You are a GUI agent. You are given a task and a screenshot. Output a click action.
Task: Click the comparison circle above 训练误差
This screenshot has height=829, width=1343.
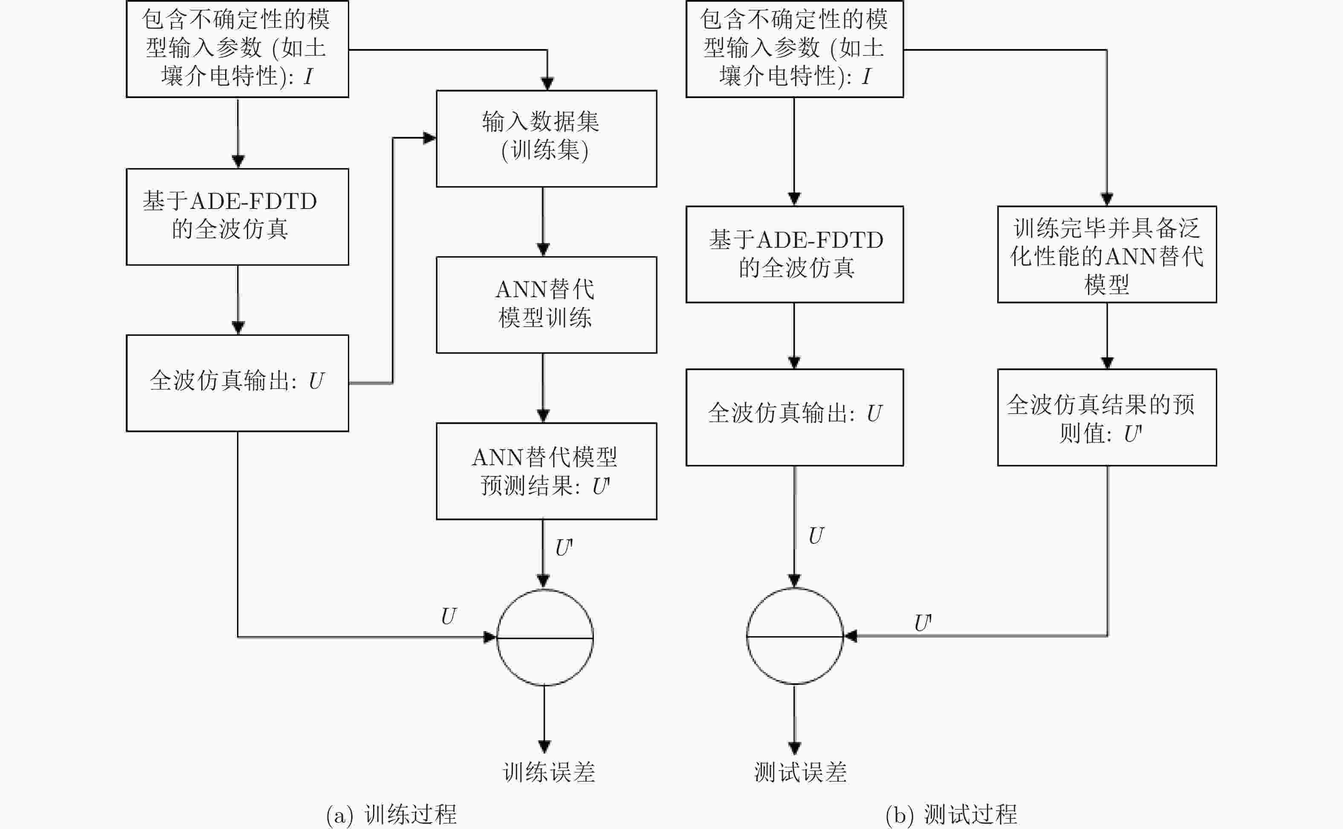[545, 589]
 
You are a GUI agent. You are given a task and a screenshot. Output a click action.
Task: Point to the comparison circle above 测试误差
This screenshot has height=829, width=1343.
[795, 588]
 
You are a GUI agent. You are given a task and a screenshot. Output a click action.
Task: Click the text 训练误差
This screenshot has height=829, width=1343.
[549, 772]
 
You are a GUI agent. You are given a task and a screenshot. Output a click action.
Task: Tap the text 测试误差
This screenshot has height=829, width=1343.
[800, 772]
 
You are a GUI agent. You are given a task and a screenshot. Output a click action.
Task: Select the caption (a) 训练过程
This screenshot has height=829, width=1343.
[391, 815]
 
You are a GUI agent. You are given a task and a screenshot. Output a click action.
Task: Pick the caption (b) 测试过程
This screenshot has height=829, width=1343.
[952, 815]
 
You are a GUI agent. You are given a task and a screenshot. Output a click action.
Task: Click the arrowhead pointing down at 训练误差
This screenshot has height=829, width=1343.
[544, 746]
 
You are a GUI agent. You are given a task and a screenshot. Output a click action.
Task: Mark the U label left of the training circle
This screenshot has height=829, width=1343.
[449, 616]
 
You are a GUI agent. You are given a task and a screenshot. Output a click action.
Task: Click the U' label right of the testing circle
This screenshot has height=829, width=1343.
[923, 623]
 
